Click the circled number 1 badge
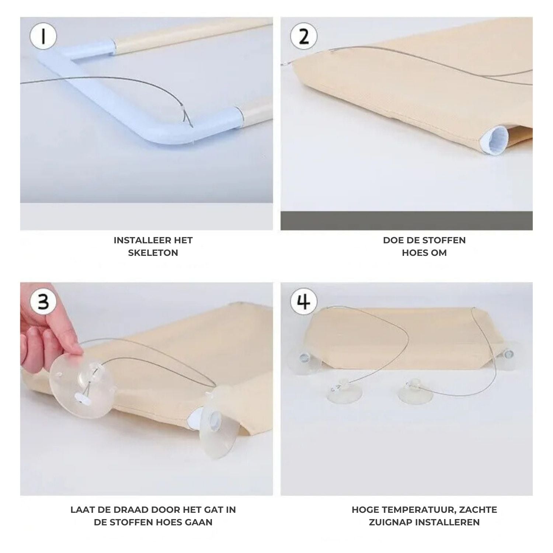point(44,38)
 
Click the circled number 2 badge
point(303,38)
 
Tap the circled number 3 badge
point(44,302)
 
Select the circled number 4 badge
point(303,302)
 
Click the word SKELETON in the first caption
point(153,253)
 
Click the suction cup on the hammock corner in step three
point(218,420)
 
